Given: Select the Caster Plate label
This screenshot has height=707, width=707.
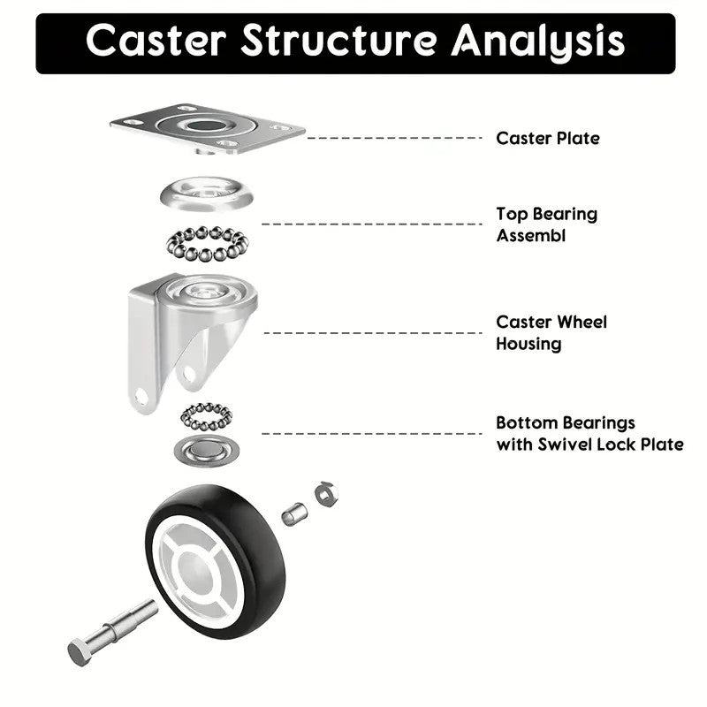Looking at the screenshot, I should pyautogui.click(x=547, y=138).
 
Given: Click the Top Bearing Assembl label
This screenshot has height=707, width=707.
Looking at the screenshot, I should pyautogui.click(x=545, y=224).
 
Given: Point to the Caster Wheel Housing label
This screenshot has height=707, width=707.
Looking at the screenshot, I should pyautogui.click(x=551, y=332).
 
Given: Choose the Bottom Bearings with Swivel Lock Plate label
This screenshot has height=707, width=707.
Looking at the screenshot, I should pyautogui.click(x=589, y=433).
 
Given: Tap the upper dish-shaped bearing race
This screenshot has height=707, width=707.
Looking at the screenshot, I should pyautogui.click(x=203, y=193).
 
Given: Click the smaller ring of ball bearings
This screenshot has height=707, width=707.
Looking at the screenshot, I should pyautogui.click(x=206, y=415).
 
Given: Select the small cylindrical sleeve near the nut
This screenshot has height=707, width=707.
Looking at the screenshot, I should pyautogui.click(x=294, y=513).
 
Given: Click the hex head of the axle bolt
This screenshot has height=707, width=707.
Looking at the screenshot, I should pyautogui.click(x=80, y=653).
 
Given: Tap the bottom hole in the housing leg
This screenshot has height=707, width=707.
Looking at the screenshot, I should pyautogui.click(x=142, y=395).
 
